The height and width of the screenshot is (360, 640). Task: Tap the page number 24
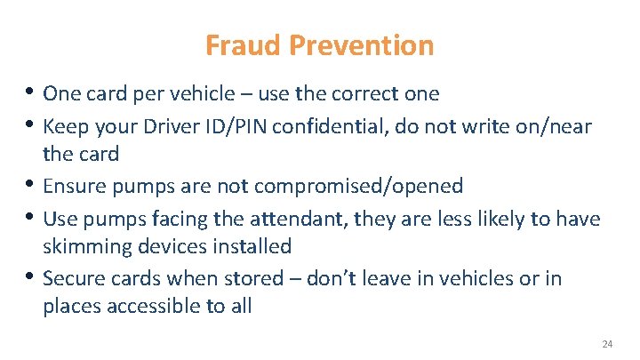coord(607,344)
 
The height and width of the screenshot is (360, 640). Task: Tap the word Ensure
coord(72,186)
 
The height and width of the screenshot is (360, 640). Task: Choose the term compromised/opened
coord(358,186)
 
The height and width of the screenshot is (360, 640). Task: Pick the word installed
coord(253,245)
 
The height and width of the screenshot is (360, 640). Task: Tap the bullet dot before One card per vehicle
coord(31,92)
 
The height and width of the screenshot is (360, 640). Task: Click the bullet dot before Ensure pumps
coord(31,186)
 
